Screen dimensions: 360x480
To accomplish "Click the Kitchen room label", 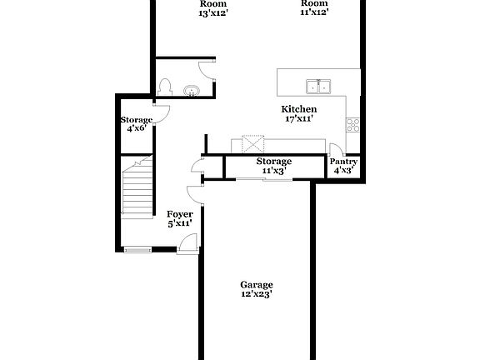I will coord(298,109).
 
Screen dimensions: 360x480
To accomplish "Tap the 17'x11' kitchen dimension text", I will coord(298,119).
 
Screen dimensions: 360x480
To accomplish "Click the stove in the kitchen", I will coord(353,125).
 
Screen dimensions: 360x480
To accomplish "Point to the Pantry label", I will coord(343,162).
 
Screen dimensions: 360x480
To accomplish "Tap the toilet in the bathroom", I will coord(165,87).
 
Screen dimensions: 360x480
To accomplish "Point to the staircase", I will coord(137,187).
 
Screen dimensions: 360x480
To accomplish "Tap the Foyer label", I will coord(180,214).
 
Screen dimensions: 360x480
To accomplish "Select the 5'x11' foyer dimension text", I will coord(180,223).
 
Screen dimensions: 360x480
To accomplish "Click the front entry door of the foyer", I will coord(188,242).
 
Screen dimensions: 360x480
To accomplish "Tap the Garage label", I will coord(257,284).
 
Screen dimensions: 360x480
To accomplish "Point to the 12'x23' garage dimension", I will coord(257,294).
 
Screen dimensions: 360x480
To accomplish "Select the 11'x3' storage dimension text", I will coord(273,170).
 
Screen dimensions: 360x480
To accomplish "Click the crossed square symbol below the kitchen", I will coord(252,143).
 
